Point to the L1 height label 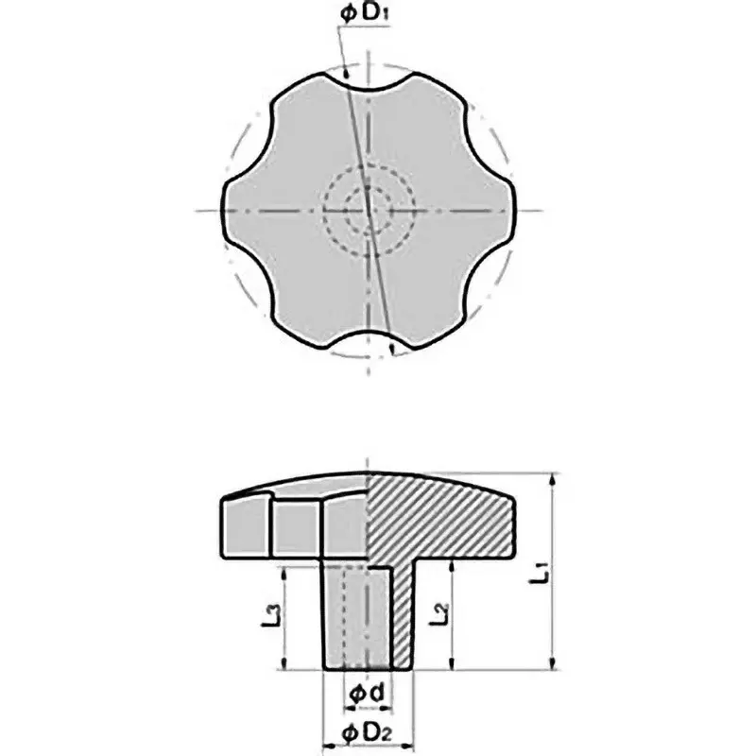pyautogui.click(x=540, y=572)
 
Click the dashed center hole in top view pyautogui.click(x=367, y=209)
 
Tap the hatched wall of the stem pyautogui.click(x=403, y=614)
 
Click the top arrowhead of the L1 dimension pyautogui.click(x=553, y=477)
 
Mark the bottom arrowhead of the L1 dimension pyautogui.click(x=553, y=664)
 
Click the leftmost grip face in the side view pyautogui.click(x=245, y=527)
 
